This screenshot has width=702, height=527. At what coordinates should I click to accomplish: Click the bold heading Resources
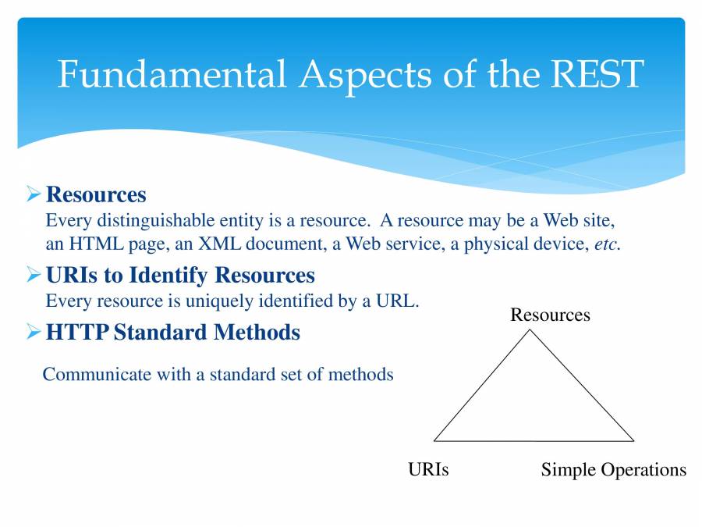(96, 194)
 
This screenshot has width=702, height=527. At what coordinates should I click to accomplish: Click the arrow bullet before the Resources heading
(33, 193)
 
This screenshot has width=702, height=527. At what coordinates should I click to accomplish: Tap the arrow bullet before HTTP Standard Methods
(33, 333)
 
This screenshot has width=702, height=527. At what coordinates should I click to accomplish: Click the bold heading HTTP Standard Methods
(172, 333)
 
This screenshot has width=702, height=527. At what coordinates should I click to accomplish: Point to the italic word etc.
(607, 244)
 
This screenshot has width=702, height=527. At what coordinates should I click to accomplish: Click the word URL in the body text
(399, 301)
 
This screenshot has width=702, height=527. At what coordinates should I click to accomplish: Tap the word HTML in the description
(94, 244)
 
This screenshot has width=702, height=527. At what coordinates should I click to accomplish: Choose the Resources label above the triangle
(550, 315)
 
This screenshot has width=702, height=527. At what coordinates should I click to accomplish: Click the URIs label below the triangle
(428, 469)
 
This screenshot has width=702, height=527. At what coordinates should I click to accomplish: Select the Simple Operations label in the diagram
(613, 469)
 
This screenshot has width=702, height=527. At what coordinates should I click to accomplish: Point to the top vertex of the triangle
(530, 329)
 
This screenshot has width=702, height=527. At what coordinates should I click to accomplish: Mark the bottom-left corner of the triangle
(434, 440)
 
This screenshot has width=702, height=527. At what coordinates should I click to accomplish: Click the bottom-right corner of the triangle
(633, 440)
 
